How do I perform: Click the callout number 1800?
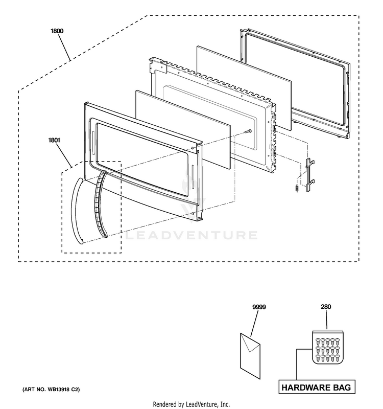(x=57, y=31)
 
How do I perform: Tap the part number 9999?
(x=259, y=307)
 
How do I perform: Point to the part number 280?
(x=326, y=307)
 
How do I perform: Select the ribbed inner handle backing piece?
(x=98, y=204)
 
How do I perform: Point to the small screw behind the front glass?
(x=248, y=131)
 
